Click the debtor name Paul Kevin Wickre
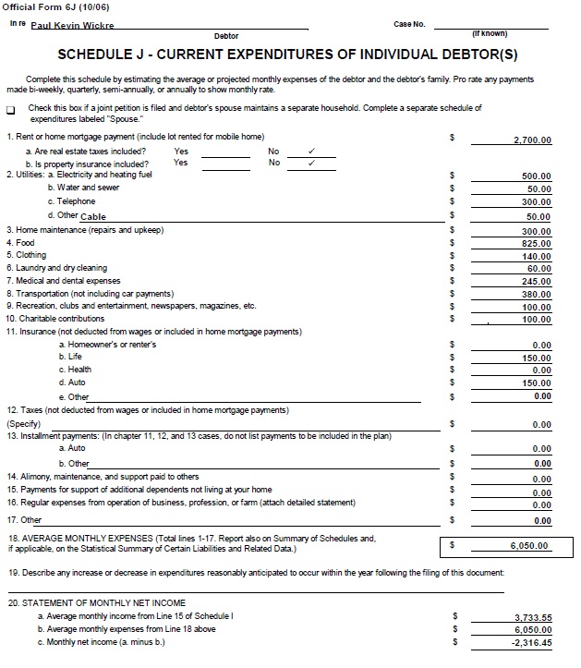72,26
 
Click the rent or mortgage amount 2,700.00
532,140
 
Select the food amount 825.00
536,244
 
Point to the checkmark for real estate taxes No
311,151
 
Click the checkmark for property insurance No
311,163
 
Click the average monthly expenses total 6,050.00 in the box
529,546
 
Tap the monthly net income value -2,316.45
532,643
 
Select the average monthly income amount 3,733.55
533,617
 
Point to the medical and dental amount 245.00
536,282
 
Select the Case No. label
409,24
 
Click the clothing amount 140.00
536,257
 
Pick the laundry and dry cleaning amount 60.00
539,269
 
